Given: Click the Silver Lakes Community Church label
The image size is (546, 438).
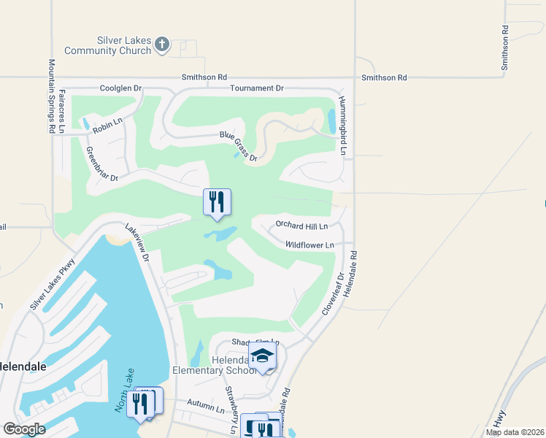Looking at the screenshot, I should [108, 45].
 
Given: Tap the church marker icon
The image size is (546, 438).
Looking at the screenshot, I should [162, 46].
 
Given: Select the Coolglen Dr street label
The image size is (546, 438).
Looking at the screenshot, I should [121, 88].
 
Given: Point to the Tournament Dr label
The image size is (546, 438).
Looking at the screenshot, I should [256, 88].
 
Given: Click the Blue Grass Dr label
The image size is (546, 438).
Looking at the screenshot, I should [239, 146].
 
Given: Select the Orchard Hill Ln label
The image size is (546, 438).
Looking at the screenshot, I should [306, 225].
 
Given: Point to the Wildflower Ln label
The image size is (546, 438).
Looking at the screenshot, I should [309, 245].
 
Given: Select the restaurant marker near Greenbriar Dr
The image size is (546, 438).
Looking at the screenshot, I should [217, 203].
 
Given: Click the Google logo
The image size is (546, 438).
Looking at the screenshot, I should [24, 429].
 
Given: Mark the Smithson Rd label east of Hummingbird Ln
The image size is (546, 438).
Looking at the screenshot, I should [384, 77].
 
